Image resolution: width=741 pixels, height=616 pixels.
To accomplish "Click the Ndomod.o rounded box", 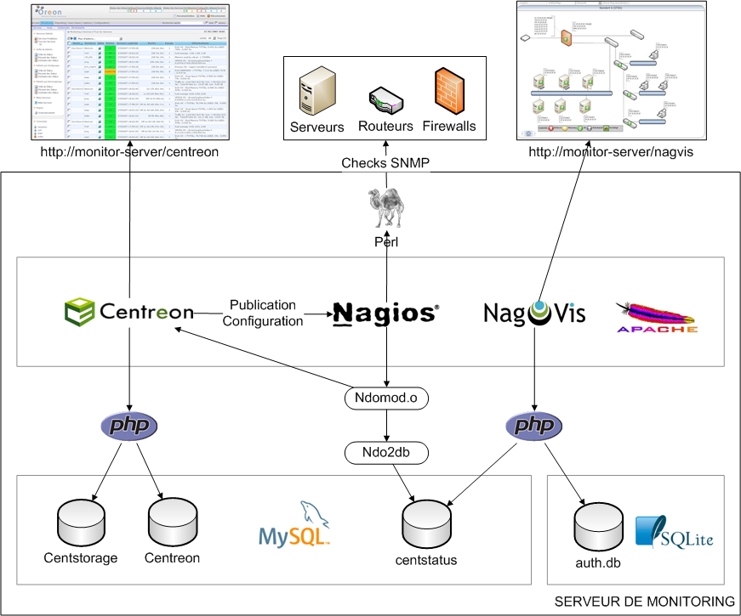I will [386, 397].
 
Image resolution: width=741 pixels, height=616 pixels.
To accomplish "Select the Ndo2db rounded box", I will [386, 453].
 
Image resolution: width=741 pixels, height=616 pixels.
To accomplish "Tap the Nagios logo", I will [385, 314].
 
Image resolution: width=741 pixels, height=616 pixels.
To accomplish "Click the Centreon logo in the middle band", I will [129, 312].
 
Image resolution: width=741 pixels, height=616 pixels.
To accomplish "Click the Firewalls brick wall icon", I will [450, 93].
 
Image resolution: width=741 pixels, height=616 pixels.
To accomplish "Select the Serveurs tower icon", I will [317, 93].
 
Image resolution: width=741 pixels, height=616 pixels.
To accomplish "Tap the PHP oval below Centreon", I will [129, 426].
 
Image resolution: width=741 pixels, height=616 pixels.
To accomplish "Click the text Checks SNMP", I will [385, 163].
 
